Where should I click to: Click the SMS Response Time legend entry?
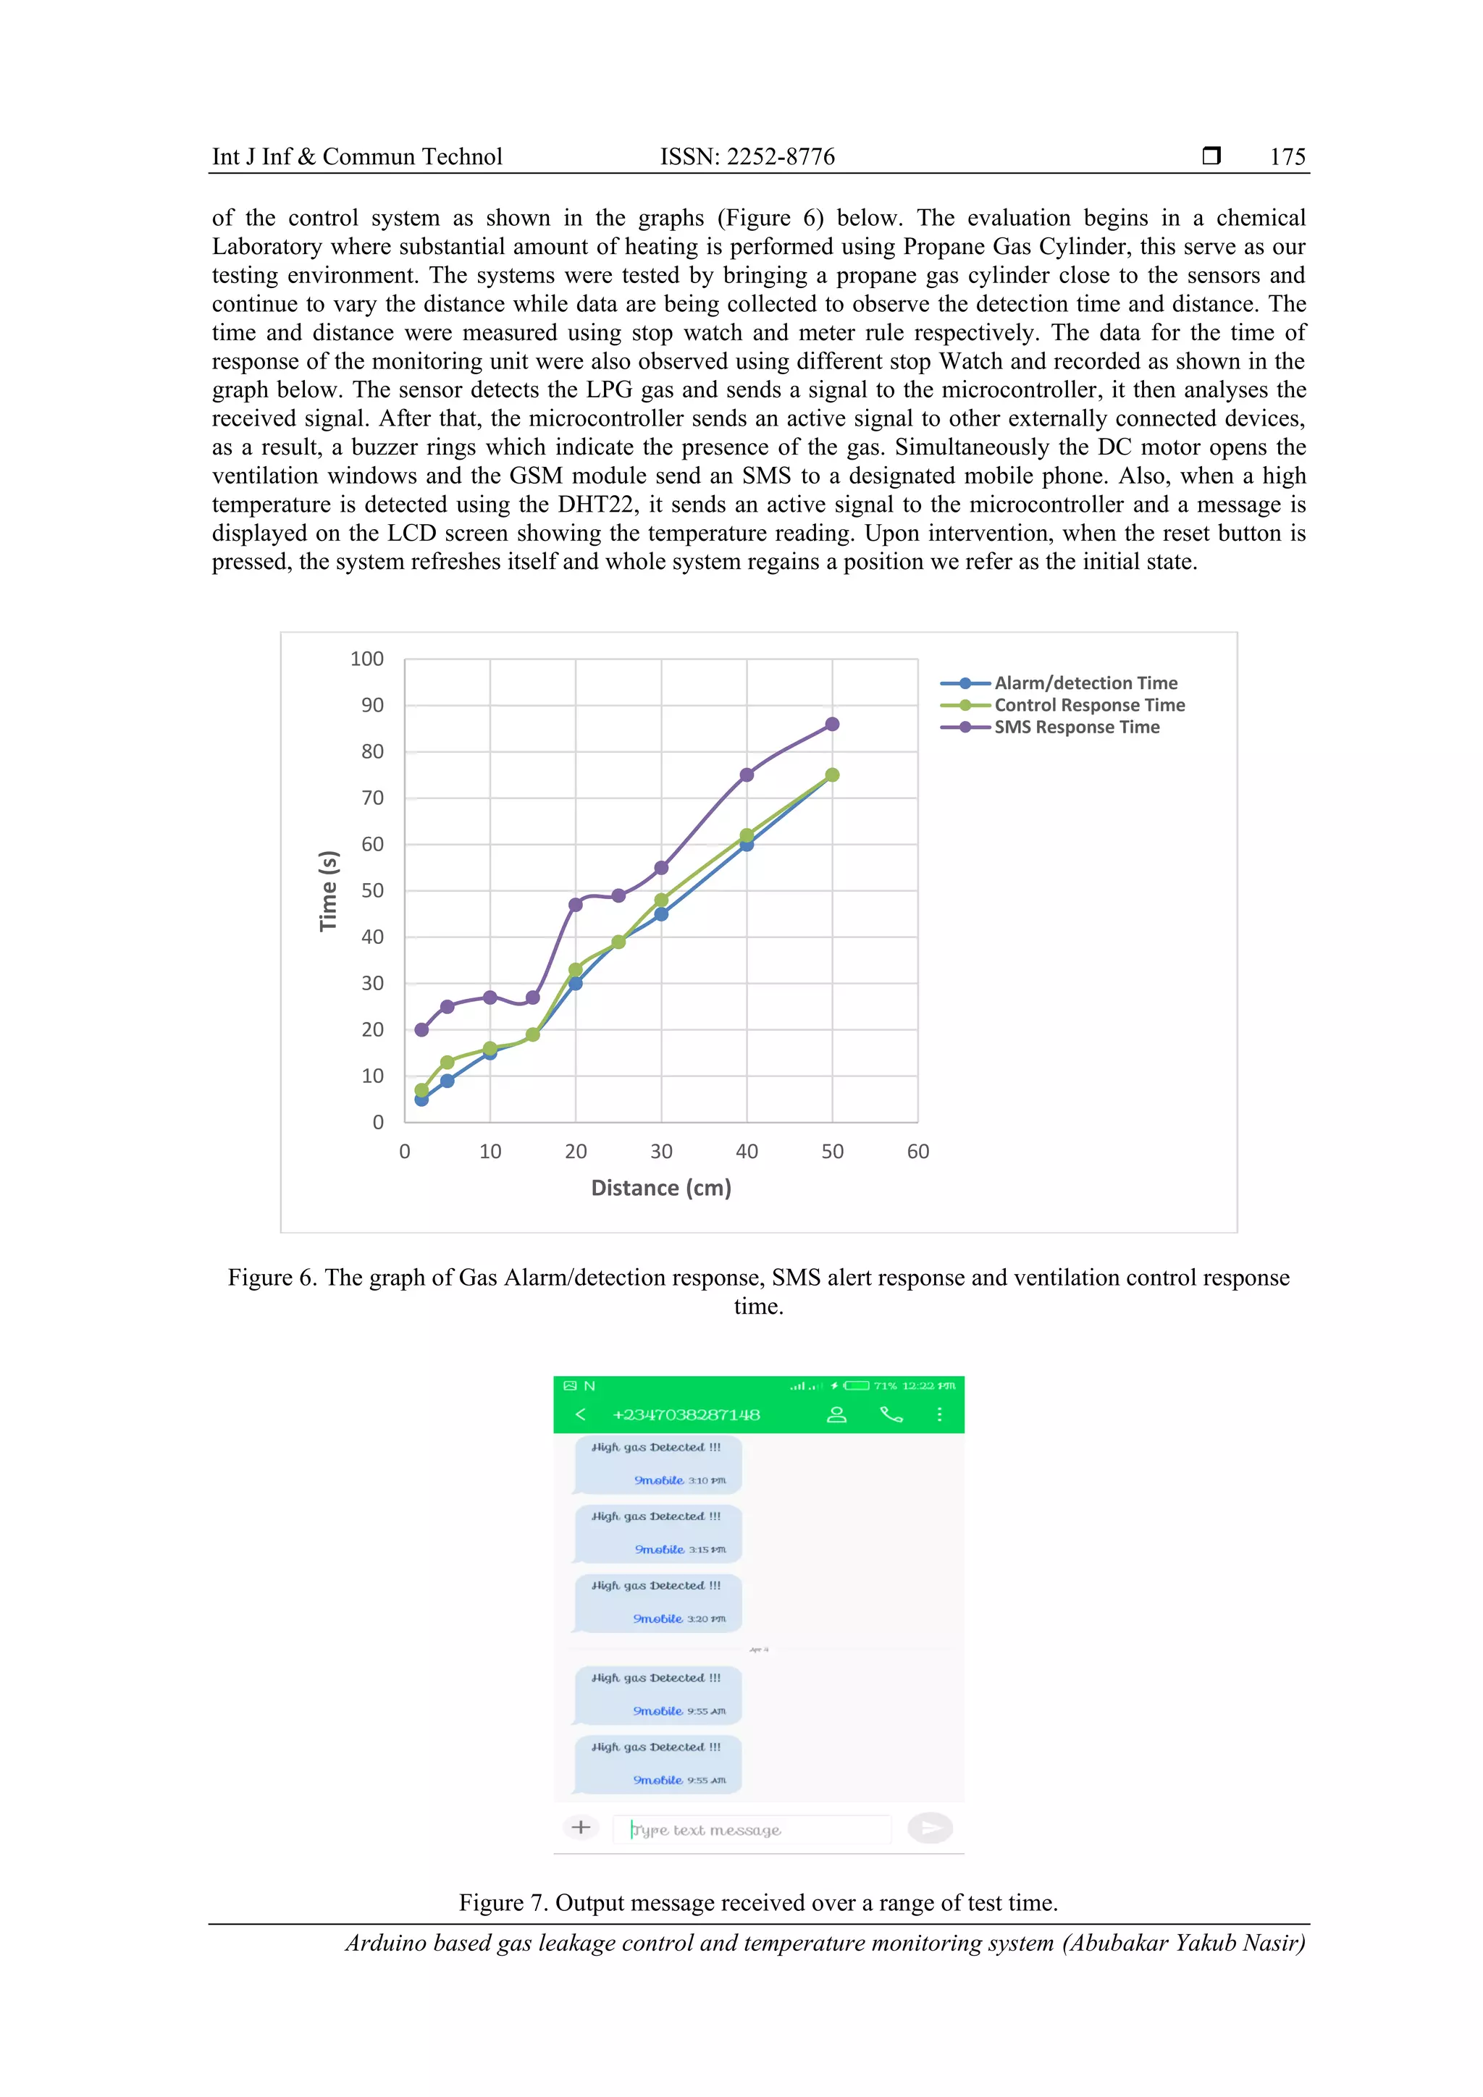point(1075,727)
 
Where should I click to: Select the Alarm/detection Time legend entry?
point(1085,683)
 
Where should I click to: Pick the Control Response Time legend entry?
point(1088,705)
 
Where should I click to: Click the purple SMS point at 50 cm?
point(831,725)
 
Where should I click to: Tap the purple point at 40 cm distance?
point(747,775)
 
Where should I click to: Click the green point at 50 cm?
point(831,775)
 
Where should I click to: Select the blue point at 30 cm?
point(660,914)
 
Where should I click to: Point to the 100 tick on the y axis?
point(366,659)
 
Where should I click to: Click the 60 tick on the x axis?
point(917,1152)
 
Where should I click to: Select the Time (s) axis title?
point(328,890)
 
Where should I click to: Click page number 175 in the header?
point(1287,157)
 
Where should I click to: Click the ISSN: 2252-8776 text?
point(747,157)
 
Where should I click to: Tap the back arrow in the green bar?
point(580,1414)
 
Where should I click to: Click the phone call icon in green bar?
point(891,1414)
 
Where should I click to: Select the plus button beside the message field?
point(580,1827)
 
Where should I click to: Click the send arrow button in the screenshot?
point(930,1828)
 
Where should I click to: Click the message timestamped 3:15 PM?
point(657,1532)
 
